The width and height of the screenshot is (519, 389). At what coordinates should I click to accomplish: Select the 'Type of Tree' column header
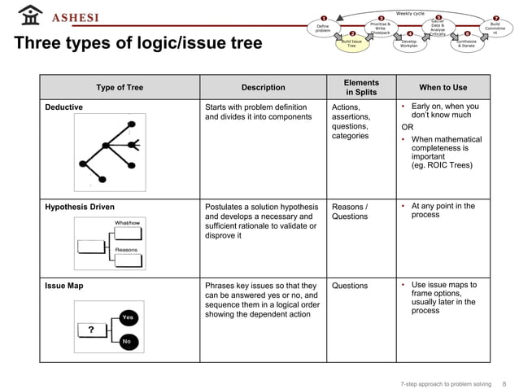click(x=120, y=88)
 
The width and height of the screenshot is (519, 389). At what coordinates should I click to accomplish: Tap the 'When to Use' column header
click(x=443, y=88)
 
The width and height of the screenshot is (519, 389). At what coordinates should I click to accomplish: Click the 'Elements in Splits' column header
click(x=361, y=88)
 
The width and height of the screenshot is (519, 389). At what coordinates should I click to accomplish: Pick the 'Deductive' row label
click(x=63, y=107)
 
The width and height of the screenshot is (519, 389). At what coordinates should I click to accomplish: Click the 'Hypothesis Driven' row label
click(x=80, y=207)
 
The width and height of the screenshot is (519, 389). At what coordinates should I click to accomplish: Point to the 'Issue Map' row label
click(x=64, y=286)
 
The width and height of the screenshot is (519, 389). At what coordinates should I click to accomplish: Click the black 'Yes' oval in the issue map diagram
click(x=128, y=317)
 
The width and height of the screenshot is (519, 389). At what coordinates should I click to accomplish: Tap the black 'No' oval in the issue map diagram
click(x=127, y=342)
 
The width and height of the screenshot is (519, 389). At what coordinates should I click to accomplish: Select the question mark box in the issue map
click(x=92, y=330)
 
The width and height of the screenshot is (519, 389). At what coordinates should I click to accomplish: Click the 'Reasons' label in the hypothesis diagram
click(x=125, y=249)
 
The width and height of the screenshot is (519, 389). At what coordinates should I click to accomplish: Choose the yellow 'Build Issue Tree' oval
click(x=351, y=44)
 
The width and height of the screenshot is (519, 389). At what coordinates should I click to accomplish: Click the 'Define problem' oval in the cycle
click(x=322, y=28)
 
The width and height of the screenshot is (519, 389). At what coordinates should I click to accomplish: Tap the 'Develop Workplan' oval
click(x=409, y=44)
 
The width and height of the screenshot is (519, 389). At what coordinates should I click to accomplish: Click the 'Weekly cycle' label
click(x=410, y=13)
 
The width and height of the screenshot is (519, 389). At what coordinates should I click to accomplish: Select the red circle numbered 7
click(x=495, y=17)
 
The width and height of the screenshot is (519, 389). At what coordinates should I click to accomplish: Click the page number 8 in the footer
click(x=504, y=383)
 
